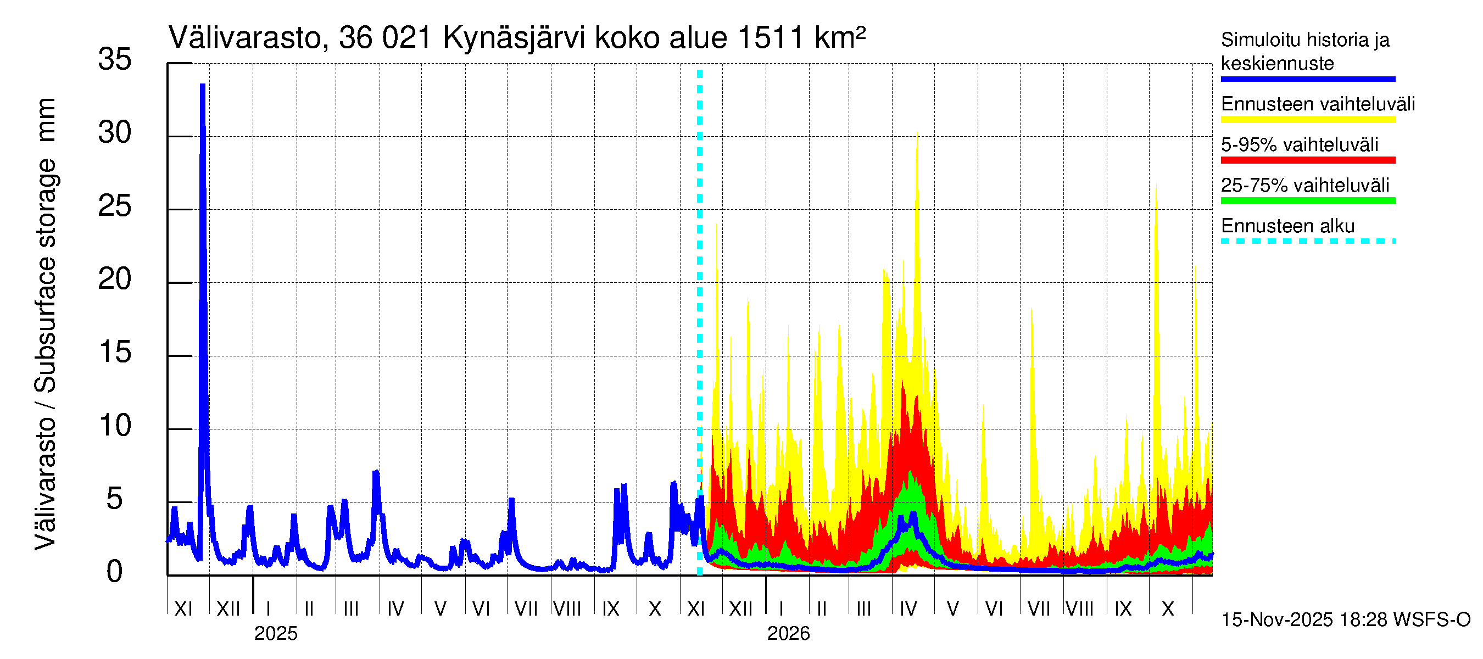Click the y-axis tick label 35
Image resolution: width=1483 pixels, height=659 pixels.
(x=115, y=60)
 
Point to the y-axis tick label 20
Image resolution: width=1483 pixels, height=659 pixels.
(x=115, y=280)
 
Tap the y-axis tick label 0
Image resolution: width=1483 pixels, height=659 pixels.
(x=115, y=572)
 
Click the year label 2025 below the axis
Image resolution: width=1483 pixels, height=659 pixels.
(x=276, y=634)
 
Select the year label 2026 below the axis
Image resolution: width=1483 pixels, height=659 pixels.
(x=788, y=634)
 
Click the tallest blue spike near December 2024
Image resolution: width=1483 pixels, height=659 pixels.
(x=203, y=86)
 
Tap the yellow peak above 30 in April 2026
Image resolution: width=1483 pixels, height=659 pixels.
(x=917, y=138)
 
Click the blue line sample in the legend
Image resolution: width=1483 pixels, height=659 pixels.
(x=1307, y=79)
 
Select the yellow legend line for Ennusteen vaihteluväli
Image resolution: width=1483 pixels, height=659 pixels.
(x=1307, y=120)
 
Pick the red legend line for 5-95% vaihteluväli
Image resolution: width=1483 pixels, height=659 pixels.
(x=1307, y=160)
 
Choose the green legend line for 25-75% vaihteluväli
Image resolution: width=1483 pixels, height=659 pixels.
(x=1307, y=201)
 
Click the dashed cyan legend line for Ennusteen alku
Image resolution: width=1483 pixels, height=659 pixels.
(x=1307, y=241)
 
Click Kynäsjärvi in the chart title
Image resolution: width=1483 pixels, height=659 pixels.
(x=514, y=38)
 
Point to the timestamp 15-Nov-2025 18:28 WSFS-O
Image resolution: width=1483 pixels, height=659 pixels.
(x=1345, y=620)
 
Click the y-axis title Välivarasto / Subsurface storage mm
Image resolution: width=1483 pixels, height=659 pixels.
(x=46, y=323)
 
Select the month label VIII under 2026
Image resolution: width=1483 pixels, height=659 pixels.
(x=1079, y=609)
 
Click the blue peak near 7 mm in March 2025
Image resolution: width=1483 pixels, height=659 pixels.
(x=376, y=473)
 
